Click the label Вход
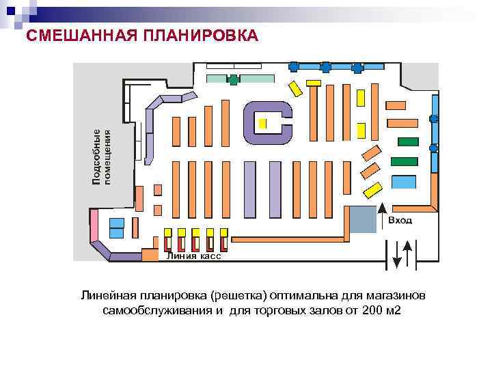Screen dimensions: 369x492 click(400, 221)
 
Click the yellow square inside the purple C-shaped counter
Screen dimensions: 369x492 click(262, 124)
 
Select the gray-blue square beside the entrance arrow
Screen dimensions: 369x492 click(362, 219)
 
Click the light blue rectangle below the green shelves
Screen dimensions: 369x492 click(404, 182)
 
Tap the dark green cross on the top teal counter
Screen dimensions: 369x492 click(234, 79)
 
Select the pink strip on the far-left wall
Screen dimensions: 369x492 click(94, 226)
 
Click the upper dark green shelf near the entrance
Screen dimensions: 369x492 click(407, 141)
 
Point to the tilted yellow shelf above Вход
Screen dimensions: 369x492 click(372, 189)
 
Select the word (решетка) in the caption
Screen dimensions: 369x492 click(238, 296)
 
